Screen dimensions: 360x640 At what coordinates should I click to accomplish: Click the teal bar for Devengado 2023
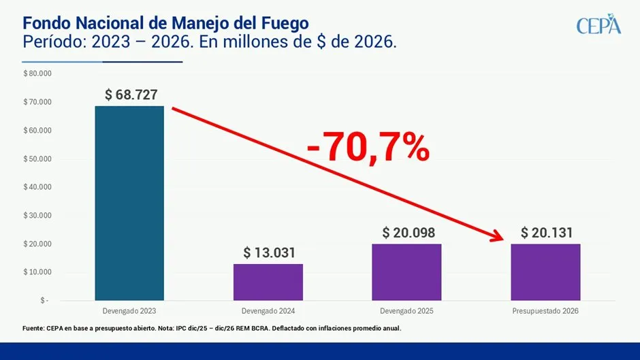point(129,203)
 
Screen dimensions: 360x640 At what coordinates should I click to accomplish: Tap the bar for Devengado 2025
point(406,272)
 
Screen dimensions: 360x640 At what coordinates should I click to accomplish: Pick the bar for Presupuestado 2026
point(545,272)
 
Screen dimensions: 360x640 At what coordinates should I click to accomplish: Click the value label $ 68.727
point(131,95)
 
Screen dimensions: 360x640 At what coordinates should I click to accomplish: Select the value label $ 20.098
point(408,233)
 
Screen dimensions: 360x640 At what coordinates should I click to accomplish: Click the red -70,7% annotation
point(368,148)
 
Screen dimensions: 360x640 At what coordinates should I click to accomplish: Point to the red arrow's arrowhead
point(496,237)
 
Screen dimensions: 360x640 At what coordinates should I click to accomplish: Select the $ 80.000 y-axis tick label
point(37,73)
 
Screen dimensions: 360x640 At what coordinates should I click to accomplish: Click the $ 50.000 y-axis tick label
point(37,159)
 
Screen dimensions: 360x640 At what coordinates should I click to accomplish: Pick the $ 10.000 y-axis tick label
point(37,272)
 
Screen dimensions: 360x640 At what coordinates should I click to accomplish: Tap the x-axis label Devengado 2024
point(268,311)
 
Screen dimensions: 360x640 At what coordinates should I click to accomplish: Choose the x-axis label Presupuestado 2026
point(545,311)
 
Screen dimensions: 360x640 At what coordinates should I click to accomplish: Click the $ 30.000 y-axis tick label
point(37,216)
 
